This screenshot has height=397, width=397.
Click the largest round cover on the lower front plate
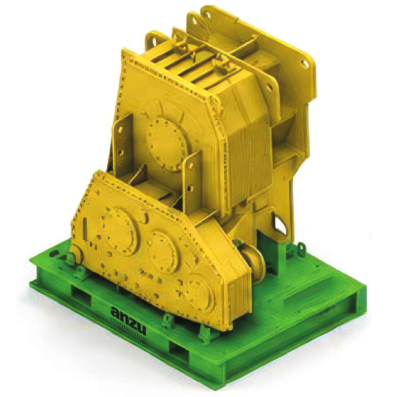tap(119, 230)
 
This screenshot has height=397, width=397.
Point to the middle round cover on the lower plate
tap(162, 251)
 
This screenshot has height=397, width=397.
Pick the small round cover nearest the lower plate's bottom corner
tap(200, 291)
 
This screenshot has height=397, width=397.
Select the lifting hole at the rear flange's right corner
tap(305, 63)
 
